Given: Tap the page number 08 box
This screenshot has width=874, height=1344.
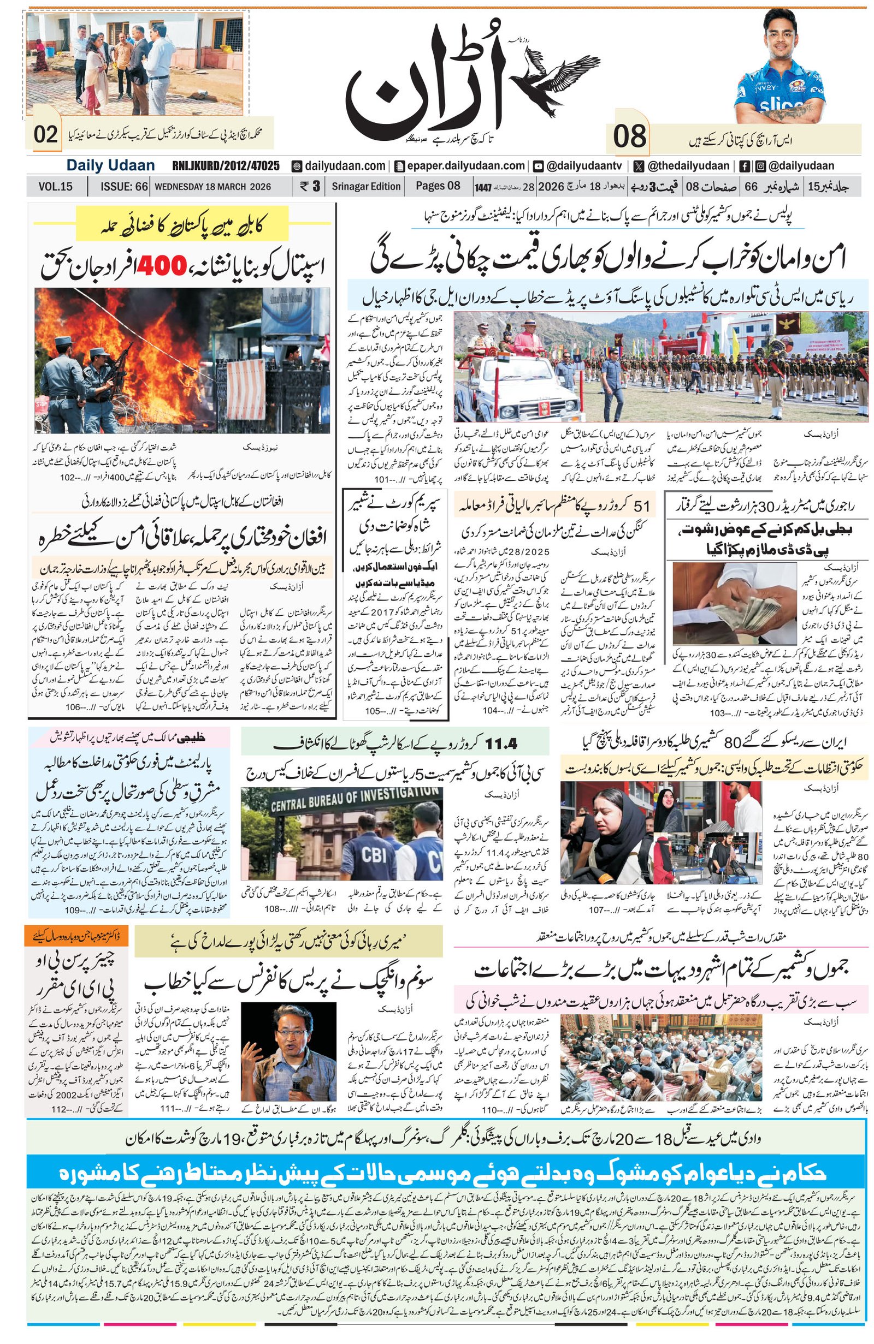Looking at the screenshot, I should coord(628,137).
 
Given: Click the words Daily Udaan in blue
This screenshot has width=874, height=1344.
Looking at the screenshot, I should coord(110,165).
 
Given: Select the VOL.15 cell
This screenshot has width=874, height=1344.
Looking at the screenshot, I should coord(55,186).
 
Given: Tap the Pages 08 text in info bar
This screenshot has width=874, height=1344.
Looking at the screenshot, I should coord(438,186).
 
